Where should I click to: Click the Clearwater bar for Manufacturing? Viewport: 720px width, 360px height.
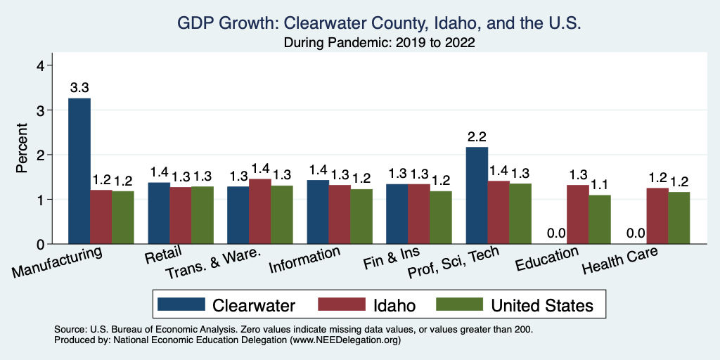click(79, 171)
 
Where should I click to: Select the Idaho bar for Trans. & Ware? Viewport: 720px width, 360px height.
click(260, 211)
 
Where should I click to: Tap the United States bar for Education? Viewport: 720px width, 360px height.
click(600, 219)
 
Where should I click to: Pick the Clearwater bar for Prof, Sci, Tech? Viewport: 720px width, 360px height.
click(477, 195)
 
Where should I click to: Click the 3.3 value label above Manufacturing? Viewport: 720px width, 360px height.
click(79, 88)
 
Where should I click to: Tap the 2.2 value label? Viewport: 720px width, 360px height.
click(477, 136)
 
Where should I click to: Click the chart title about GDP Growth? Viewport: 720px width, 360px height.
click(379, 24)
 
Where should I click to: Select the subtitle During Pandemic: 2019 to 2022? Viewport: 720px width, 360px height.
click(379, 43)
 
